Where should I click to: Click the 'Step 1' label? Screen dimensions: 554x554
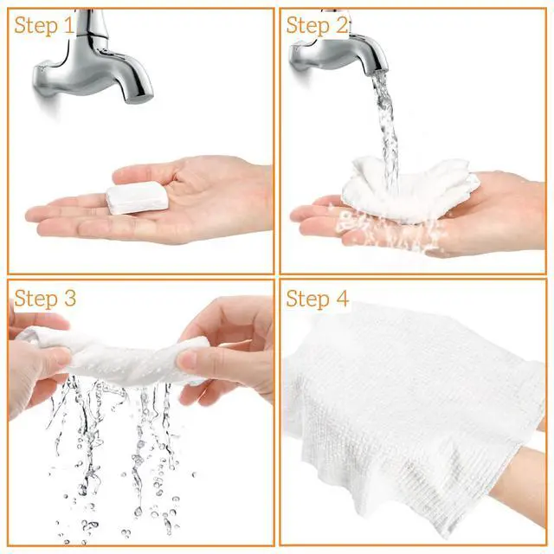point(44,25)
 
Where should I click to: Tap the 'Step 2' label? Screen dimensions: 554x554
point(317,25)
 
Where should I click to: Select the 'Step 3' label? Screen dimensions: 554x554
point(45,299)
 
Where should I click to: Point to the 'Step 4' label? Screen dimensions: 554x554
point(318,299)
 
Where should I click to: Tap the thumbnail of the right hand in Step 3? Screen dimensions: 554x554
point(186,359)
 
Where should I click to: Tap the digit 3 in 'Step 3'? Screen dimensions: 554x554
point(69,298)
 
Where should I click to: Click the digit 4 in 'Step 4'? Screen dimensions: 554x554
point(342,298)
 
